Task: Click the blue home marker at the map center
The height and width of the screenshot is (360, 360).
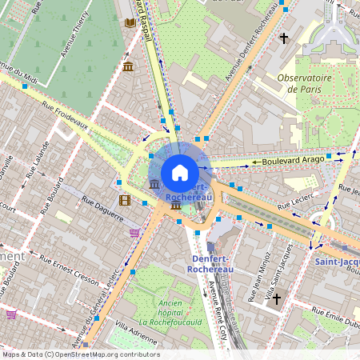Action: (x=180, y=172)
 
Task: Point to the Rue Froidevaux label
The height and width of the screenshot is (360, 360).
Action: (x=66, y=119)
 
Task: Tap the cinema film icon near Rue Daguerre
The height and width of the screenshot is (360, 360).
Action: (x=124, y=200)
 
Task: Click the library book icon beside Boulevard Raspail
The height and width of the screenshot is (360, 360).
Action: (x=130, y=23)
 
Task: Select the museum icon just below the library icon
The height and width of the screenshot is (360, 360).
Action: (x=128, y=66)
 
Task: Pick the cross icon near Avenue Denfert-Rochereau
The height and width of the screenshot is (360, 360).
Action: (x=283, y=38)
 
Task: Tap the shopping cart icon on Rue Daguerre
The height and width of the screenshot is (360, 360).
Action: (x=134, y=233)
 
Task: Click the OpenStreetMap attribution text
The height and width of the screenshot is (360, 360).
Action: (x=80, y=354)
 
